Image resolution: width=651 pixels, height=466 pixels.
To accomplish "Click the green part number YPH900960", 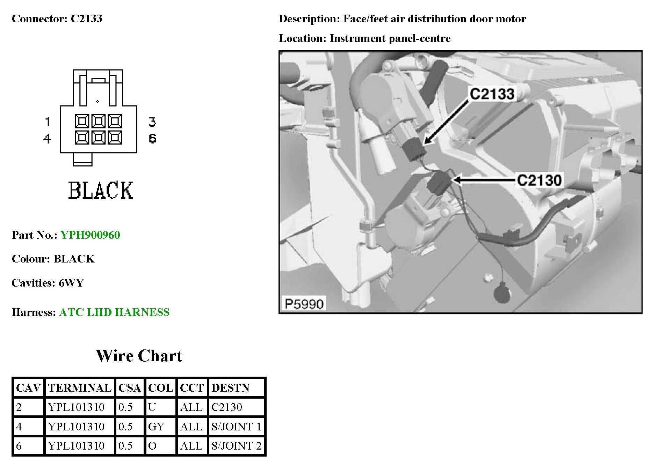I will [x=90, y=235].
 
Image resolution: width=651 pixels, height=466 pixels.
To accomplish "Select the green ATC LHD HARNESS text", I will [x=114, y=312].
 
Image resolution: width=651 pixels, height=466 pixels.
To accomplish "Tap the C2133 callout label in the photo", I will [x=492, y=94].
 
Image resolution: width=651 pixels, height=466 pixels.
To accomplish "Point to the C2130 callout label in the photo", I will [x=539, y=180].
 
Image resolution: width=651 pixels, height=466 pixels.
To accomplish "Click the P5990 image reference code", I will [x=304, y=304].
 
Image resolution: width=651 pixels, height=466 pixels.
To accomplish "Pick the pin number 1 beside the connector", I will [x=48, y=122].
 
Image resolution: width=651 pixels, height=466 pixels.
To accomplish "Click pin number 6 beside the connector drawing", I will [x=152, y=139].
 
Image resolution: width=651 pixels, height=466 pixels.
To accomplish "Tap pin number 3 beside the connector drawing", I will [x=152, y=122].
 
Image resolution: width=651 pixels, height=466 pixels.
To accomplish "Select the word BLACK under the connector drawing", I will [x=101, y=191].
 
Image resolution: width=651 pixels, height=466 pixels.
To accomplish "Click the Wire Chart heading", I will [x=139, y=356].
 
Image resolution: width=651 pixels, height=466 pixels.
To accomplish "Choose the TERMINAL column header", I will [x=80, y=388].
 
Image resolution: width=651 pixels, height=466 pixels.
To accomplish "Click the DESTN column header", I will [x=230, y=388].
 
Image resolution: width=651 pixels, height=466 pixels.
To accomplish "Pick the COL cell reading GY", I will [x=156, y=427].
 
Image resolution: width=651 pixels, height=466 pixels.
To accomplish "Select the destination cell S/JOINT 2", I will [x=236, y=446].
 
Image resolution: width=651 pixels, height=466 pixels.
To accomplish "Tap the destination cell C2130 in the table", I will [x=227, y=407].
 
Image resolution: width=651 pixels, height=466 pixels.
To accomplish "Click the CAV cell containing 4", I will [x=19, y=427].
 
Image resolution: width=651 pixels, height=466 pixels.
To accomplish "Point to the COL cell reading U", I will [x=152, y=407].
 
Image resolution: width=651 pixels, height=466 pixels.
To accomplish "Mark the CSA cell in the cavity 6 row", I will [x=125, y=446].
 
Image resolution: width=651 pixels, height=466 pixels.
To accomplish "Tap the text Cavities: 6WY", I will [x=48, y=283].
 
